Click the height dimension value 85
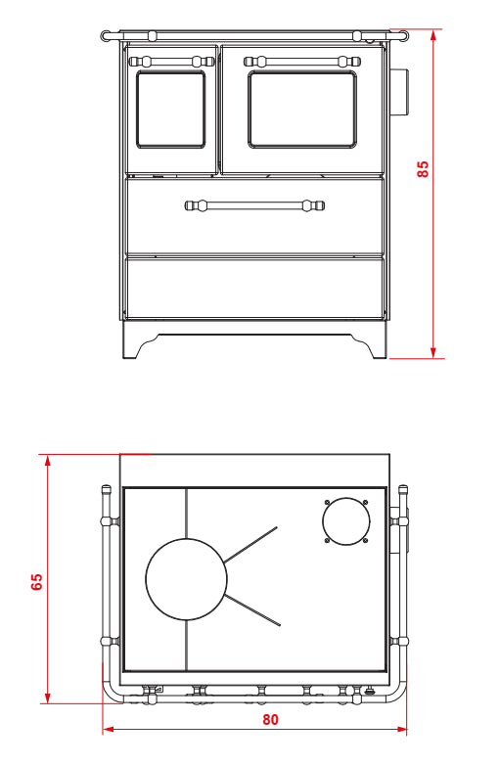coord(423,169)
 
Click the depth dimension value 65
coord(36,581)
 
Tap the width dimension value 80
coord(270,720)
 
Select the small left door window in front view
coord(170,110)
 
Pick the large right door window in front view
coord(302,109)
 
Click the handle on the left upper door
coord(171,62)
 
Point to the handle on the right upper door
coord(302,62)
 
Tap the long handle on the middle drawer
coord(254,205)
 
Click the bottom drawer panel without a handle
coord(254,288)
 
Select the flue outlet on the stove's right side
coord(400,93)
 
